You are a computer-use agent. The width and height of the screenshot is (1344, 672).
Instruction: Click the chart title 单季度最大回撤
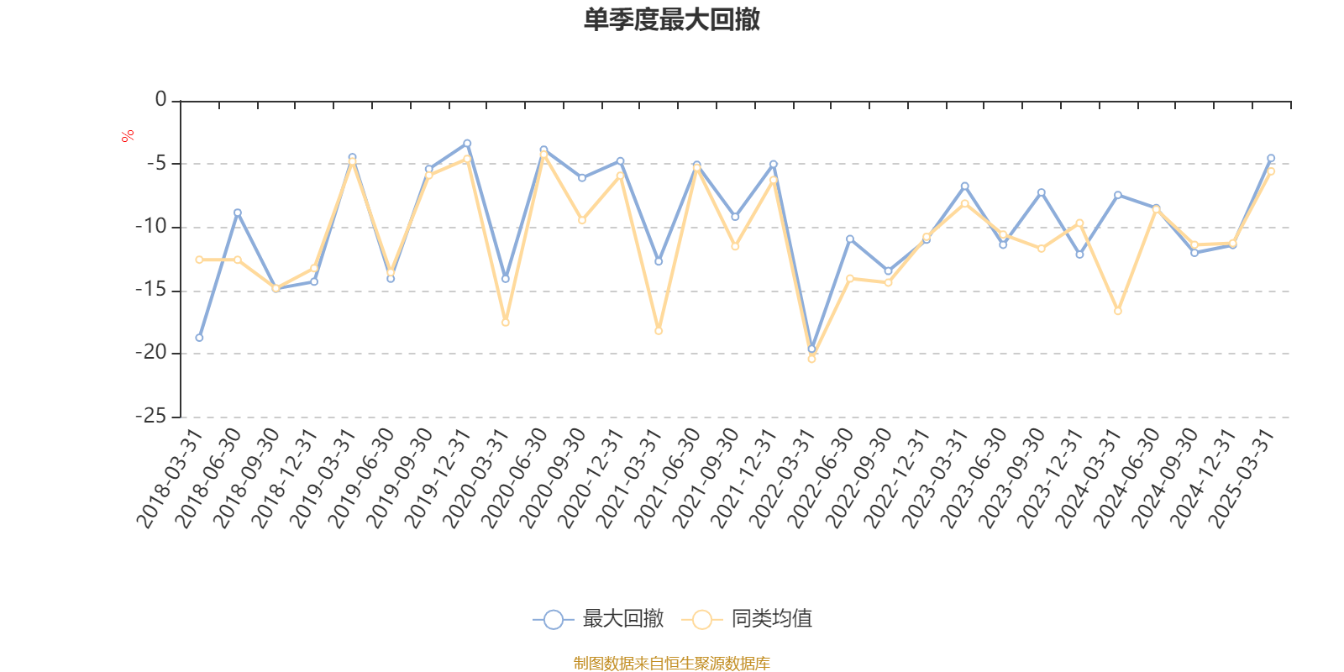[x=671, y=20]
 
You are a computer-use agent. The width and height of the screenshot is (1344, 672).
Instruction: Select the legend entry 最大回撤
[x=598, y=619]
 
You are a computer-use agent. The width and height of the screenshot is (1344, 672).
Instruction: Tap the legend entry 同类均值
[x=747, y=619]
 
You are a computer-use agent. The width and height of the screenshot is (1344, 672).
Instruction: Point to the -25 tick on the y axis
[x=151, y=417]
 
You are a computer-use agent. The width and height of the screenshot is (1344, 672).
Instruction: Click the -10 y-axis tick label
[x=151, y=227]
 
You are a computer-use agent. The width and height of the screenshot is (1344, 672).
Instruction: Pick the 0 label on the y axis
[x=160, y=100]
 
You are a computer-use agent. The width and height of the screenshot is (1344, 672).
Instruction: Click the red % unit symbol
[x=128, y=136]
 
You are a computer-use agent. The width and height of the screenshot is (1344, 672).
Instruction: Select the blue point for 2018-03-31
[x=199, y=338]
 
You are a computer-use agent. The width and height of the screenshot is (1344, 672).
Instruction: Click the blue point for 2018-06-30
[x=238, y=213]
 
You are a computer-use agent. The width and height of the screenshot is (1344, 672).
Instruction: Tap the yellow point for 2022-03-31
[x=811, y=360]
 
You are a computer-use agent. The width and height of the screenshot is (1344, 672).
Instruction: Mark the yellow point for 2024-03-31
[x=1118, y=312]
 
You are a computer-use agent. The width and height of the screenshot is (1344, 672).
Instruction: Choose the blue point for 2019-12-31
[x=467, y=143]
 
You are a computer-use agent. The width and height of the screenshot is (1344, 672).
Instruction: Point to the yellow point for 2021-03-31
[x=659, y=331]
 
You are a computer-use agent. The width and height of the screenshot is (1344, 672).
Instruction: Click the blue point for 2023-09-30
[x=1042, y=192]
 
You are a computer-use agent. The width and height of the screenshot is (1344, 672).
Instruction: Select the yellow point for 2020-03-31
[x=506, y=323]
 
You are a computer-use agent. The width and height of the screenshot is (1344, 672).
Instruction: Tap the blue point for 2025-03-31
[x=1271, y=158]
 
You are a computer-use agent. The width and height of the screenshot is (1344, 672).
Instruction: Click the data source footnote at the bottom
[x=671, y=664]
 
